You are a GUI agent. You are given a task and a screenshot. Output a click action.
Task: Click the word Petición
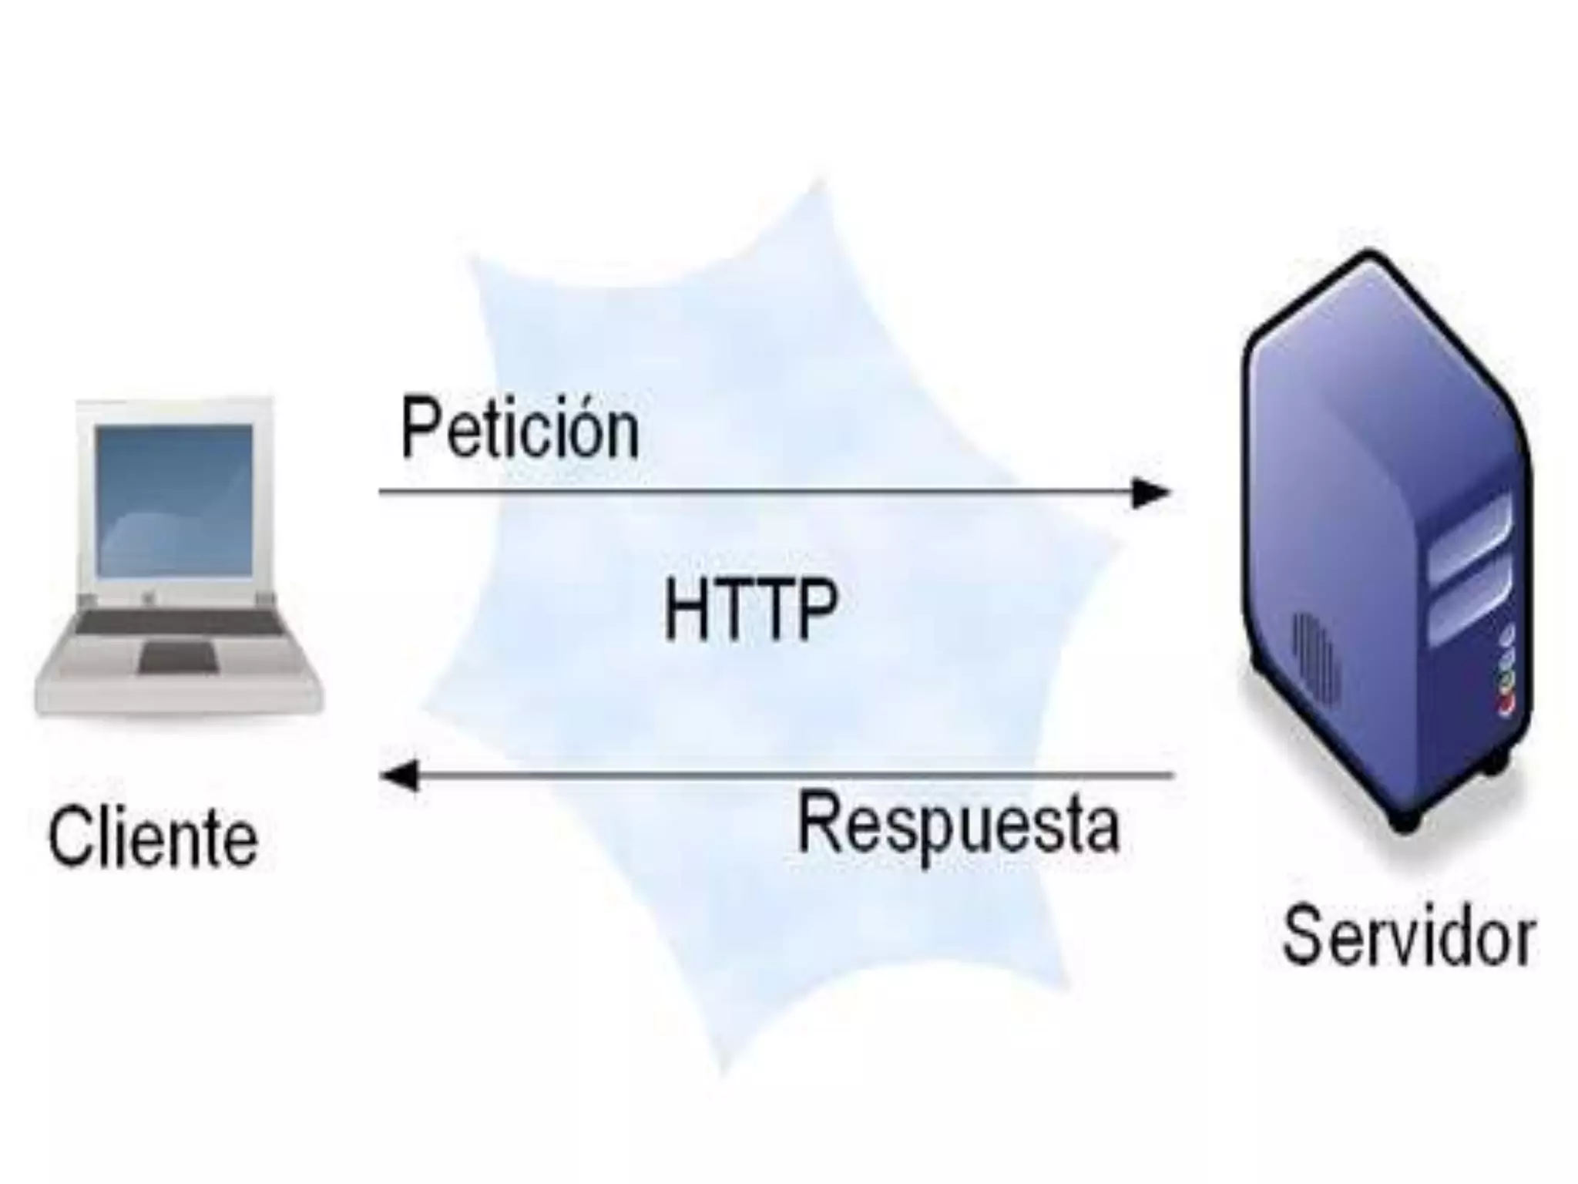click(x=520, y=429)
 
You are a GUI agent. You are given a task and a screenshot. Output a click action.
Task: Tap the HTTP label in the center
click(x=750, y=610)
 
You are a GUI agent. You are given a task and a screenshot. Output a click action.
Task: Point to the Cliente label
click(x=153, y=839)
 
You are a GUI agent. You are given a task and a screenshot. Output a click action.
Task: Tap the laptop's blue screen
click(x=174, y=499)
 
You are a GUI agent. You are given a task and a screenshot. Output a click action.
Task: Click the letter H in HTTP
click(x=684, y=610)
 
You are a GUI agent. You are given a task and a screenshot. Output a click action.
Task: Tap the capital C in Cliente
click(x=68, y=839)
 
